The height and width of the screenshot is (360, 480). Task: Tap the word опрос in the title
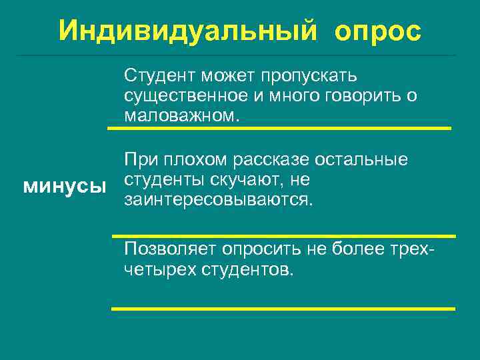click(379, 30)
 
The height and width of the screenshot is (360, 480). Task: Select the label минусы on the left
click(65, 186)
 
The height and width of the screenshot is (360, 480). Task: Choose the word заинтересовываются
click(217, 199)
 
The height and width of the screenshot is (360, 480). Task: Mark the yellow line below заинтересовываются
click(283, 235)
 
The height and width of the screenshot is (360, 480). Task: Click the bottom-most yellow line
click(283, 309)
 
